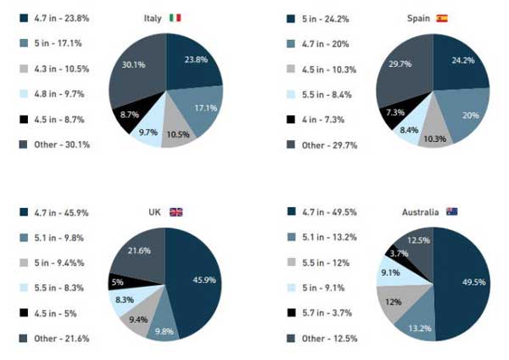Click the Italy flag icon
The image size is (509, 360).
point(175,18)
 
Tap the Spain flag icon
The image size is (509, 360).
point(442,18)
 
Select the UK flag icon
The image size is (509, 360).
point(176,211)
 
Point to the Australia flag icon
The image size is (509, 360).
point(452,211)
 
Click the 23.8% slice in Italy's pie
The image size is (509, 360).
point(193,61)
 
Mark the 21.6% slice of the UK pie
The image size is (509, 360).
point(139,250)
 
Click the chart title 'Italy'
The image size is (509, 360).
point(154,18)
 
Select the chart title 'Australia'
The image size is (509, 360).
point(420,211)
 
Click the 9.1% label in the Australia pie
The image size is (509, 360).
point(390,273)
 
